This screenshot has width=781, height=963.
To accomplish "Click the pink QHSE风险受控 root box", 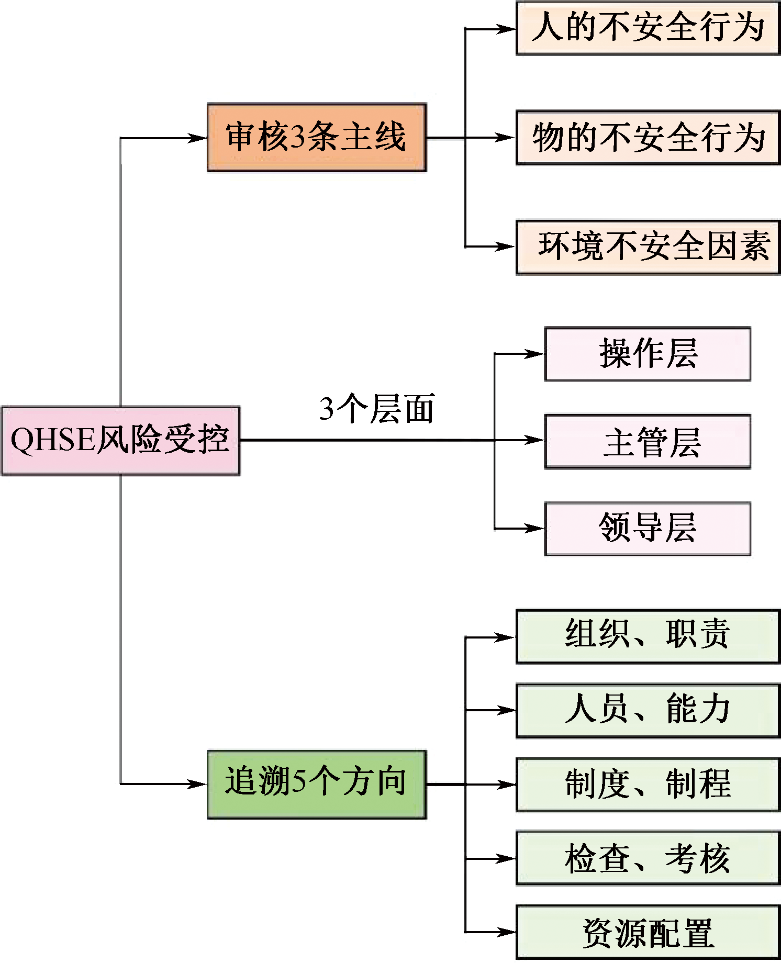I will [x=120, y=440].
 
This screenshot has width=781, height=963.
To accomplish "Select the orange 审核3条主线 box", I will [x=317, y=138].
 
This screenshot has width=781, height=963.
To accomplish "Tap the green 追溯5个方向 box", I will [x=317, y=784].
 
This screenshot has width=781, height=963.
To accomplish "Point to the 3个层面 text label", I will [x=377, y=409].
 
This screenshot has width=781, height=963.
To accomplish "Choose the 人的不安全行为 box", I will [x=648, y=28].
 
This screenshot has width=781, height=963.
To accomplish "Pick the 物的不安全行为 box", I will [x=648, y=138].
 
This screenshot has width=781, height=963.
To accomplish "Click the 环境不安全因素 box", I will [x=648, y=247].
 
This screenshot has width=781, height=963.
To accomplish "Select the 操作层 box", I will [x=648, y=354].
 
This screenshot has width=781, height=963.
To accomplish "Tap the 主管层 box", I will [x=648, y=441].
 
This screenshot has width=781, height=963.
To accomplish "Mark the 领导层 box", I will [x=648, y=528].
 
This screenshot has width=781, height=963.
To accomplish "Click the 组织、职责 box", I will [x=648, y=636].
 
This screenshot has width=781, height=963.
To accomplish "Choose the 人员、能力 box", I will [x=648, y=710].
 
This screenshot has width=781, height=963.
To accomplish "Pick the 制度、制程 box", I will [x=648, y=784].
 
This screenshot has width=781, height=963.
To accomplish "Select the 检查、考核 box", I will [x=648, y=858].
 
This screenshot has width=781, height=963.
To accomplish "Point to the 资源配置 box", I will [x=648, y=932].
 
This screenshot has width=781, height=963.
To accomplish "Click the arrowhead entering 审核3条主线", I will [x=199, y=138].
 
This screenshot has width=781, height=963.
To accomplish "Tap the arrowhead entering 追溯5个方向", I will [x=199, y=784].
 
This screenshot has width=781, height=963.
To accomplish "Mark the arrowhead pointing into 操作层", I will [x=536, y=354].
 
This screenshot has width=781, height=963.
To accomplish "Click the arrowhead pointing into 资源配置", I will [x=508, y=932].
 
